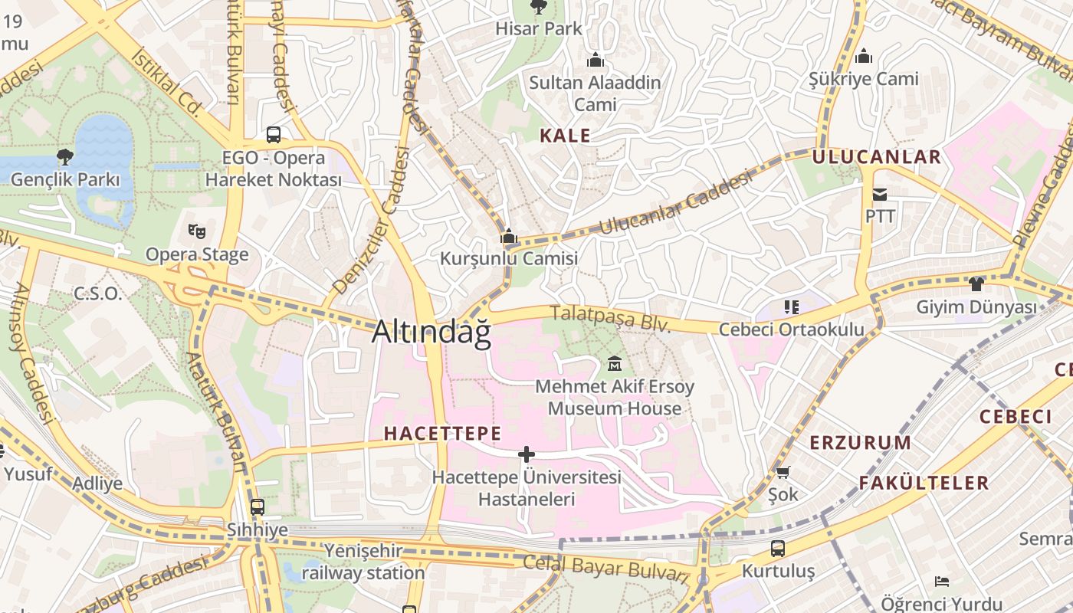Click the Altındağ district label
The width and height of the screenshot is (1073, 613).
431,331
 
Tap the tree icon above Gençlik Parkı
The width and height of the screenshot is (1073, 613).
65,157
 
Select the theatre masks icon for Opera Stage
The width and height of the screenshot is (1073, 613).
197,230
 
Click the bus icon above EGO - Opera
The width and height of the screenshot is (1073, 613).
274,135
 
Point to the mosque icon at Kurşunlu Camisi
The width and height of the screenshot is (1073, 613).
508,237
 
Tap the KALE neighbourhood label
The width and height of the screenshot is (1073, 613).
565,136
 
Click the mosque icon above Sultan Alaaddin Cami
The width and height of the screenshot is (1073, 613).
596,60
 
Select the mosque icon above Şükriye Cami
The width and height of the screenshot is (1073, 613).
864,56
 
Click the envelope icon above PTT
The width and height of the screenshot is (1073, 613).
880,195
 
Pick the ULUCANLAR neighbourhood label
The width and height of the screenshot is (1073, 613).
876,157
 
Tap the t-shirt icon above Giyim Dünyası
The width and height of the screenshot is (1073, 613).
976,284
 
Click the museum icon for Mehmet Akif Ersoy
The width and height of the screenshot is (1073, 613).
614,363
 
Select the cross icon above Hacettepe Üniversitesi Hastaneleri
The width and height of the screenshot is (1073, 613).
526,454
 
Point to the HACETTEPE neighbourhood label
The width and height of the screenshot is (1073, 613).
442,433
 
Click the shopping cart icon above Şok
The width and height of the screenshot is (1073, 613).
783,472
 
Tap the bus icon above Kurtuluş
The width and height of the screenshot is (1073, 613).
778,548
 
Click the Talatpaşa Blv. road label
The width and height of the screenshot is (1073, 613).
611,318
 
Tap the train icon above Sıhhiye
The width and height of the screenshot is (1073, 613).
257,506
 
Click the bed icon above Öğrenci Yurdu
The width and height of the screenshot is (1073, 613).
942,582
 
